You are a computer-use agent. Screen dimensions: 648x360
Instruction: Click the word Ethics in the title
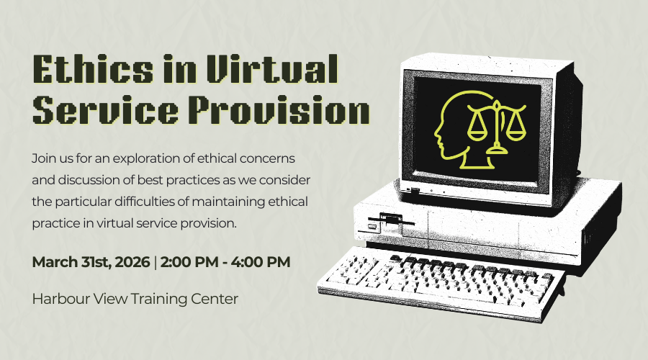click(x=93, y=68)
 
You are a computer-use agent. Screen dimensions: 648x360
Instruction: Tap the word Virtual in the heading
click(x=272, y=68)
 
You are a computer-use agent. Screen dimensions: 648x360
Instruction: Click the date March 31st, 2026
click(x=91, y=262)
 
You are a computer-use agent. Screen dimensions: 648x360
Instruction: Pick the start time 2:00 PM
click(x=189, y=262)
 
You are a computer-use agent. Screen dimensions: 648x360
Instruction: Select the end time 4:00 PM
click(x=261, y=262)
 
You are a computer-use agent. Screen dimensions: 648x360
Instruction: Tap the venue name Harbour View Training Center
click(x=135, y=299)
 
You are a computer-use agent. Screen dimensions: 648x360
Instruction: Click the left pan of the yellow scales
click(x=477, y=133)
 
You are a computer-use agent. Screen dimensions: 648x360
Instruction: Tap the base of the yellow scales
click(x=497, y=150)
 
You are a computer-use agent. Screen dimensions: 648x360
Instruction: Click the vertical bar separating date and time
click(x=155, y=263)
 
